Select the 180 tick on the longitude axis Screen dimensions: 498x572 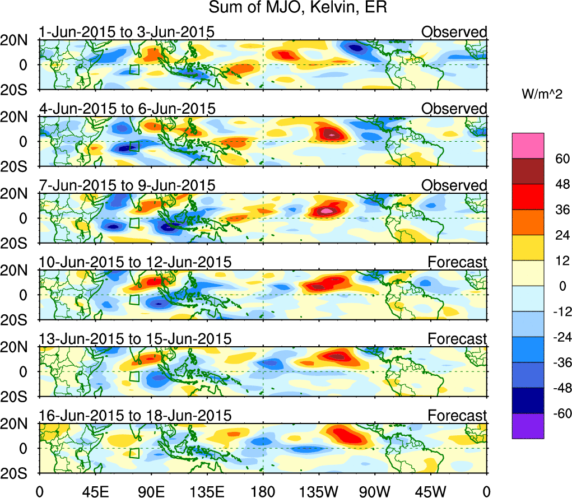coord(263,492)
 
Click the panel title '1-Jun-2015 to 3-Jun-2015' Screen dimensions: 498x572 coord(127,32)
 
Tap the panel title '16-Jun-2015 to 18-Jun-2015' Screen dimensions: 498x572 coord(135,416)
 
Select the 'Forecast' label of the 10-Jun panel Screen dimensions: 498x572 coord(458,262)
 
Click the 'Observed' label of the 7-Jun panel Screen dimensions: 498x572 coord(454,185)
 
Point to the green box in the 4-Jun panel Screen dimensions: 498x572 coord(134,146)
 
